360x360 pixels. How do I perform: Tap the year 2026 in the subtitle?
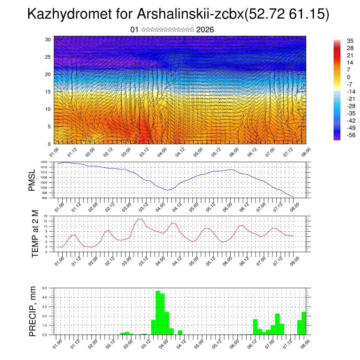click(205, 30)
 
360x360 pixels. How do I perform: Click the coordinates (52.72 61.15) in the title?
click(287, 14)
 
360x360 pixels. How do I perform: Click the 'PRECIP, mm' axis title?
click(33, 311)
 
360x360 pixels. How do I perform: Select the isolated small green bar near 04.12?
click(180, 332)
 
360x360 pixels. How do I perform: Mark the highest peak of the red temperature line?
click(140, 219)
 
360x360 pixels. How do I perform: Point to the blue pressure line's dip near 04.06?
click(168, 190)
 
